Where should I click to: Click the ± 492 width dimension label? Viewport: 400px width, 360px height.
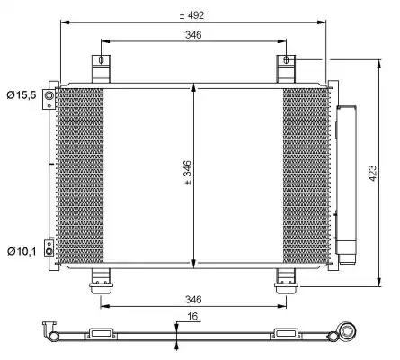click(191, 15)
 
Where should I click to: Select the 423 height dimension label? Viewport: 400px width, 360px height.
click(372, 173)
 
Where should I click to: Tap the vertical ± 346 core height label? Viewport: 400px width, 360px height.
click(188, 173)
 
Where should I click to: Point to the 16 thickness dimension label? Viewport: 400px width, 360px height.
click(192, 316)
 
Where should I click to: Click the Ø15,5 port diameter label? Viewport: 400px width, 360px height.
click(22, 95)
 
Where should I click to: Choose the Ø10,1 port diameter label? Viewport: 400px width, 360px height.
click(22, 251)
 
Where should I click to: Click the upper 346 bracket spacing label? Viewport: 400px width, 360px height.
click(193, 35)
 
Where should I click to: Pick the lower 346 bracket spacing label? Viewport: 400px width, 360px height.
click(193, 299)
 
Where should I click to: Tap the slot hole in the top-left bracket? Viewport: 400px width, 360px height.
click(101, 60)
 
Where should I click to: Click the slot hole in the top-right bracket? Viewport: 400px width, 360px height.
click(286, 59)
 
